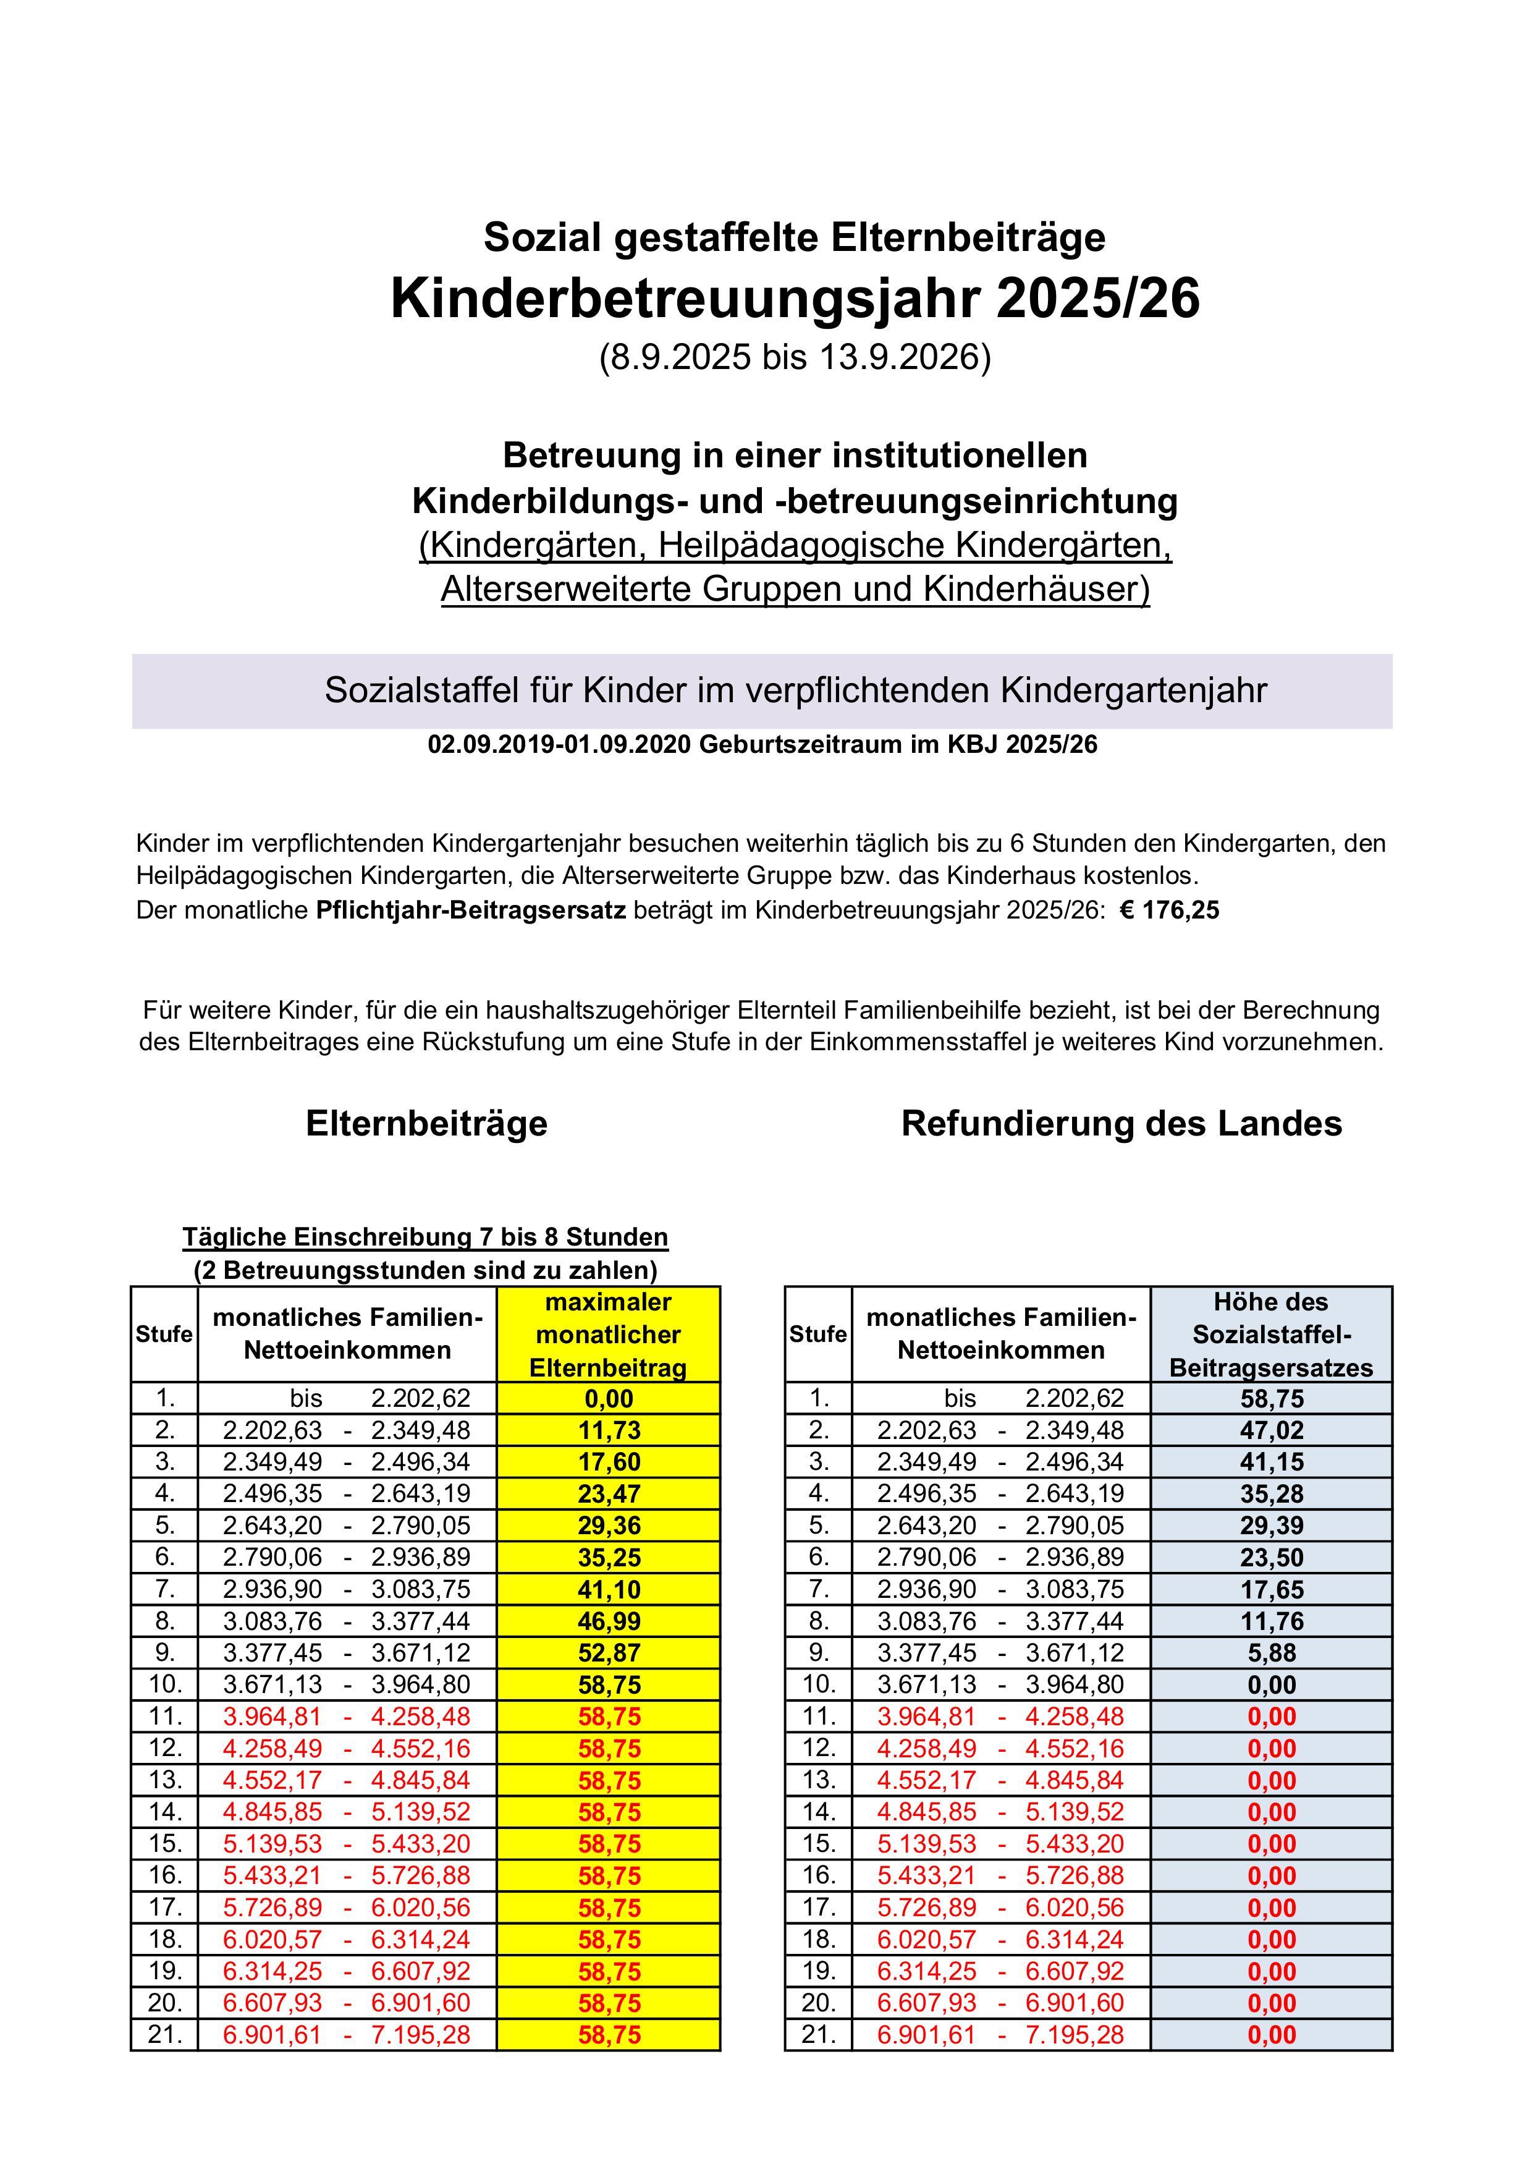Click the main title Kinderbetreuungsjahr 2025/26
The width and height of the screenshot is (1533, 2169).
(795, 299)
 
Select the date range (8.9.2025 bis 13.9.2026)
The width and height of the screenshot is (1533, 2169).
(795, 358)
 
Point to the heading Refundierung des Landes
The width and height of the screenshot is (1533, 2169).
(1121, 1124)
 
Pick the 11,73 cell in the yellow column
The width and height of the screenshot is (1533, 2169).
(609, 1431)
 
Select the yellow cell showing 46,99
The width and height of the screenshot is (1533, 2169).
(609, 1622)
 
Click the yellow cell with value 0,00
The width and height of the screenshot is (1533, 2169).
(609, 1399)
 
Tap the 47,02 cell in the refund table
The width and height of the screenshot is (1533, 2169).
(1272, 1431)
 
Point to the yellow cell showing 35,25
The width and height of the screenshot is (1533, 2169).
(609, 1558)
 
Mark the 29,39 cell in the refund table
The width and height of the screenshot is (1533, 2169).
(1272, 1526)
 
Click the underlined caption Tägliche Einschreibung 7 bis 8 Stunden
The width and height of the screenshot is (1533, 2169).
(425, 1237)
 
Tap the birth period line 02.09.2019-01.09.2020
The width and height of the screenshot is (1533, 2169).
(762, 745)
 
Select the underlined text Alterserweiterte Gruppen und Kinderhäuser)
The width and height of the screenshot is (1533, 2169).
(795, 590)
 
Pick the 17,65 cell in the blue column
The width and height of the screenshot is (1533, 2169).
(1272, 1590)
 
